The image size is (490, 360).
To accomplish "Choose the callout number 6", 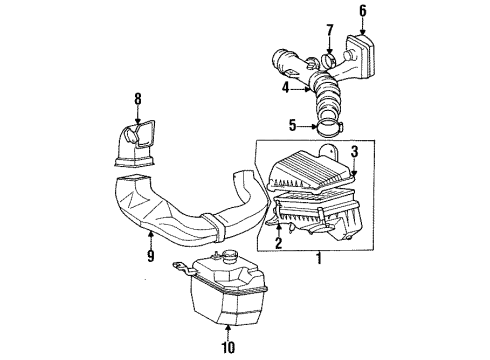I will tap(362, 11).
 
